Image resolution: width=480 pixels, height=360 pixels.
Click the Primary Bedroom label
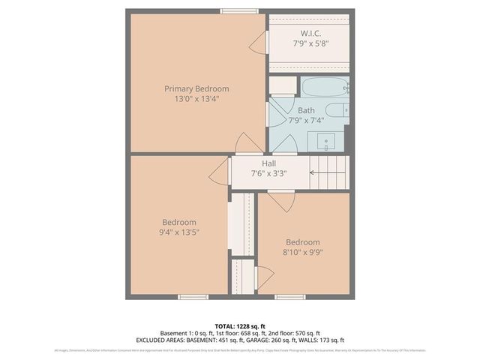tap(196, 88)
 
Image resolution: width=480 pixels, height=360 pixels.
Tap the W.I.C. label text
tap(311, 34)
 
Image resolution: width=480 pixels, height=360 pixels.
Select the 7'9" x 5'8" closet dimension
tap(311, 43)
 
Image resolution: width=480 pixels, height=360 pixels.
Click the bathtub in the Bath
tap(325, 87)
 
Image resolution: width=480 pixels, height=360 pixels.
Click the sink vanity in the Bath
tap(327, 140)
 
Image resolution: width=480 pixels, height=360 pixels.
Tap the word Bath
tap(306, 110)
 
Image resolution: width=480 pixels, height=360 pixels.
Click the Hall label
tap(269, 163)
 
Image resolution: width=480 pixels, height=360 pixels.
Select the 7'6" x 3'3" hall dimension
tap(269, 173)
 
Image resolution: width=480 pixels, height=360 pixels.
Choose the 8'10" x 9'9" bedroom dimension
tap(302, 252)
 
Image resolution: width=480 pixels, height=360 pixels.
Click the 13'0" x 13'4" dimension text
tap(196, 98)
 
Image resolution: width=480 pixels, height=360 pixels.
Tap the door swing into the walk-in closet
tap(259, 42)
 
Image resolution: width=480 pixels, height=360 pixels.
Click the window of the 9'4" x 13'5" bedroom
tap(193, 297)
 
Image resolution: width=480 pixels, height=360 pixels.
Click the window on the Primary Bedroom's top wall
tap(239, 10)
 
